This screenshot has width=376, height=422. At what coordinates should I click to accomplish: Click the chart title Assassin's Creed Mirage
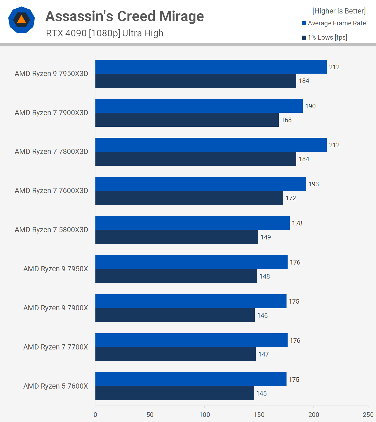pyautogui.click(x=125, y=16)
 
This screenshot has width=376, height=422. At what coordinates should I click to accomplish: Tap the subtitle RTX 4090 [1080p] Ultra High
pyautogui.click(x=105, y=33)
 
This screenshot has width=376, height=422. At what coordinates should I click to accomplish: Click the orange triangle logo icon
pyautogui.click(x=22, y=20)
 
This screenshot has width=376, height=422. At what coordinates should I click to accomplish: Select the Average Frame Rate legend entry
pyautogui.click(x=337, y=23)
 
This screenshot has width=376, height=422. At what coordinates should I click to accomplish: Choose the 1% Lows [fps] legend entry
pyautogui.click(x=327, y=37)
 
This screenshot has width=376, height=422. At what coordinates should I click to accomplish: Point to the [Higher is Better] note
pyautogui.click(x=339, y=11)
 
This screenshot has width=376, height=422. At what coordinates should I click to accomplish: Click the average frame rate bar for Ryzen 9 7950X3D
pyautogui.click(x=211, y=67)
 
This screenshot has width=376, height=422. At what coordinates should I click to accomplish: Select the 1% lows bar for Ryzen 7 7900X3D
pyautogui.click(x=187, y=120)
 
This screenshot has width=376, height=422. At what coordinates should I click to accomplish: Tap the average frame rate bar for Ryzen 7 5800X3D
pyautogui.click(x=192, y=223)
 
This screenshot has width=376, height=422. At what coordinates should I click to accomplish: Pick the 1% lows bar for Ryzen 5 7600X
pyautogui.click(x=174, y=393)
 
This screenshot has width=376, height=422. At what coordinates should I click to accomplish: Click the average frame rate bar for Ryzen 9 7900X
pyautogui.click(x=191, y=301)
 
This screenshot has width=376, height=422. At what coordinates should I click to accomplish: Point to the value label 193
pyautogui.click(x=313, y=184)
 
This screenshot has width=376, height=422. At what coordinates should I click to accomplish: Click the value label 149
pyautogui.click(x=265, y=237)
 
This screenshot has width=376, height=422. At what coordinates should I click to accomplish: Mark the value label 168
pyautogui.click(x=286, y=120)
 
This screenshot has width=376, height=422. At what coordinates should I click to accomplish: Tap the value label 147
pyautogui.click(x=263, y=354)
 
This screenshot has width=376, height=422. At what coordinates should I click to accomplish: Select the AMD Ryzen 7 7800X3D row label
pyautogui.click(x=51, y=152)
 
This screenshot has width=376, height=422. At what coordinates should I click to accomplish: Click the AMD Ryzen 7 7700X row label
pyautogui.click(x=56, y=347)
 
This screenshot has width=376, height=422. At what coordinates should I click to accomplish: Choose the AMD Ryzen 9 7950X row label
pyautogui.click(x=56, y=269)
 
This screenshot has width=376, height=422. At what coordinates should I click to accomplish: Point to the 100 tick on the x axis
pyautogui.click(x=205, y=415)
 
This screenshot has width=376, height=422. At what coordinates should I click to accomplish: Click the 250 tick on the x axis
pyautogui.click(x=368, y=415)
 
